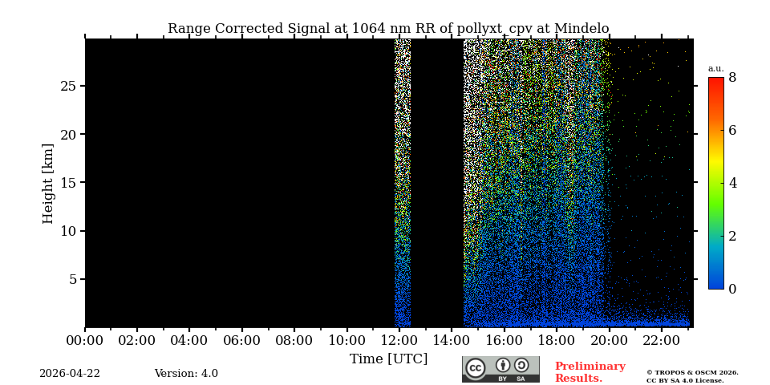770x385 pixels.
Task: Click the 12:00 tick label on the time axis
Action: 399,341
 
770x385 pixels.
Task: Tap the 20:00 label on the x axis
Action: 609,341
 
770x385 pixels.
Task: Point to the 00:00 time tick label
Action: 85,341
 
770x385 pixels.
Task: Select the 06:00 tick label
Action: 241,341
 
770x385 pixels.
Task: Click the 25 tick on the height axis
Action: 67,86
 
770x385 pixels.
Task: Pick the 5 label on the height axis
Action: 71,279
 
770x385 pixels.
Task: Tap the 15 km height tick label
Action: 67,183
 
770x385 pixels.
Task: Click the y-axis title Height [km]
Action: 48,183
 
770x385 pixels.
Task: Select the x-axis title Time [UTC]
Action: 388,359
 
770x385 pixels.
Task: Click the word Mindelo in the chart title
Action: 581,29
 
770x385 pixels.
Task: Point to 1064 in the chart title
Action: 366,29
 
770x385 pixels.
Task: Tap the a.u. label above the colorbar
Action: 715,69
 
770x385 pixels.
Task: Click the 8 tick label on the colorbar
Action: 732,78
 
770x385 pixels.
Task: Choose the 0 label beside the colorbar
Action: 732,289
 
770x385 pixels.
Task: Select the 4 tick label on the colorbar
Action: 732,183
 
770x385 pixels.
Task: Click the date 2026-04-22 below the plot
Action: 70,374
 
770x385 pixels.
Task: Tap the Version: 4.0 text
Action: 186,374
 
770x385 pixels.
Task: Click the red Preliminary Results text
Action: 590,372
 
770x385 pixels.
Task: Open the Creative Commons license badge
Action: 500,369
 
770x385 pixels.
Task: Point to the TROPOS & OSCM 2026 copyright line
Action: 692,373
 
